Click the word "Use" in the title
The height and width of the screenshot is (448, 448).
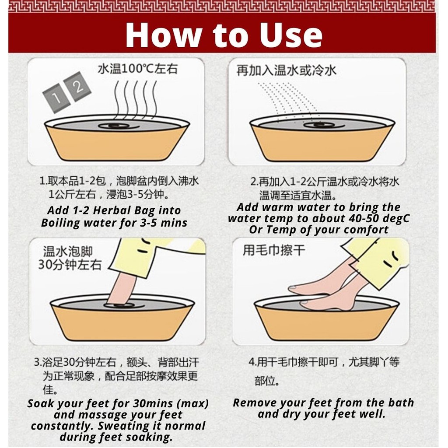[x=291, y=35]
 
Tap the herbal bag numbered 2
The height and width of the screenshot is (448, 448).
[x=77, y=86]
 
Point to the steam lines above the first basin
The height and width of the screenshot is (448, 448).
[x=136, y=99]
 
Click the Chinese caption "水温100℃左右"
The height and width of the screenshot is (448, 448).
[x=138, y=69]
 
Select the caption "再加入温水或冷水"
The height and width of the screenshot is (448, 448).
[x=286, y=70]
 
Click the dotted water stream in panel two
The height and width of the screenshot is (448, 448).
[x=287, y=100]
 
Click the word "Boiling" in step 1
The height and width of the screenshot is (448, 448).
[x=60, y=223]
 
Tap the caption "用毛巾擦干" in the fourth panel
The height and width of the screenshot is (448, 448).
[x=274, y=251]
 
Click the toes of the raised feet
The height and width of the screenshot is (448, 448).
[x=295, y=289]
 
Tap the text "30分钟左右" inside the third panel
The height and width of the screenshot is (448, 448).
[x=70, y=265]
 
